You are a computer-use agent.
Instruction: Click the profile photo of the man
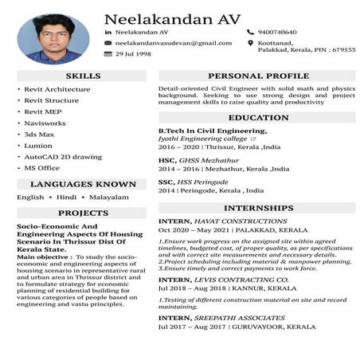53,38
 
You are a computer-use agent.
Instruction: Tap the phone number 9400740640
276,32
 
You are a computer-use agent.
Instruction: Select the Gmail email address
174,43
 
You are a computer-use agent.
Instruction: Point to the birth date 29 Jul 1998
133,54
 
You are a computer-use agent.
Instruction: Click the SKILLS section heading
82,76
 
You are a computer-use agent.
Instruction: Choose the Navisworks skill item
45,123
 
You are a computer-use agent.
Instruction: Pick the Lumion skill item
38,146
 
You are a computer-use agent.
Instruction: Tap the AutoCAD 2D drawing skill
63,157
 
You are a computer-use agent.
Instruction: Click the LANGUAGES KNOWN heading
82,184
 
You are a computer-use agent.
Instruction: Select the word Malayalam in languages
108,197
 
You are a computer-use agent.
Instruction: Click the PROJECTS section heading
82,213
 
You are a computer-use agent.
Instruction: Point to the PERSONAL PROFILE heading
257,76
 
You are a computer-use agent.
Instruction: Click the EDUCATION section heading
257,117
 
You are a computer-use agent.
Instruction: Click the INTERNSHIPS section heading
257,207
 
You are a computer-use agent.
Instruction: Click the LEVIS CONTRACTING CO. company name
241,280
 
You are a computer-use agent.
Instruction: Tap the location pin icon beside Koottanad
250,43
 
